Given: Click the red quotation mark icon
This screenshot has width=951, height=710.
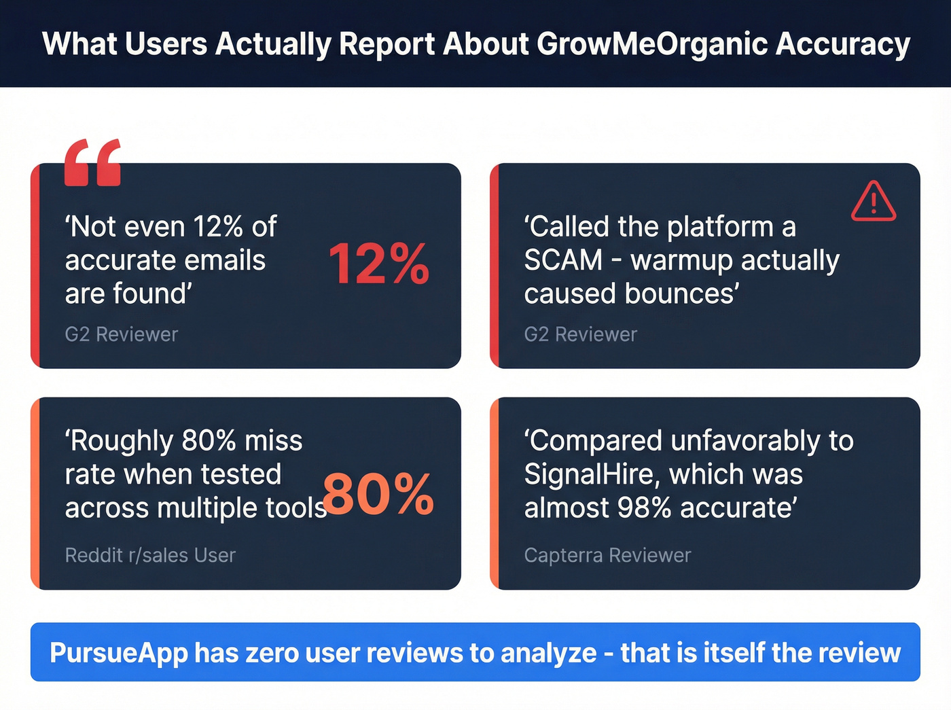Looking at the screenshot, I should [x=92, y=162].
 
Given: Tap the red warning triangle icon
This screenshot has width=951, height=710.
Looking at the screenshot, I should [x=874, y=202].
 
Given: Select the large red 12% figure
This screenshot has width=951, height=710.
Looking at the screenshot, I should [x=378, y=264].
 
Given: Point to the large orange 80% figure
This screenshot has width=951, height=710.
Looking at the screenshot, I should [x=378, y=494].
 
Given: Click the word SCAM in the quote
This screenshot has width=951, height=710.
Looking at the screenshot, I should [x=563, y=260].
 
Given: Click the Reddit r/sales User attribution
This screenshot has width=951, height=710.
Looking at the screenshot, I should [x=150, y=555].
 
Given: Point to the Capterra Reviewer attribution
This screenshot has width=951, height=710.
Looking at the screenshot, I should [x=607, y=555].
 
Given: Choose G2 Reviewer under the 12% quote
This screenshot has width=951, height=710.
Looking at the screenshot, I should [x=122, y=334].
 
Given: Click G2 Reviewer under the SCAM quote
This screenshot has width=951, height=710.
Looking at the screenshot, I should [x=581, y=334].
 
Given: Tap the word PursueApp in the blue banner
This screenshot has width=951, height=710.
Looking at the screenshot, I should [x=118, y=653].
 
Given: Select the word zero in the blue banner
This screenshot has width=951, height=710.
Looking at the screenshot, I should [x=271, y=653].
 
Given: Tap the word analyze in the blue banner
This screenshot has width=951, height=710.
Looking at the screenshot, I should [x=548, y=653].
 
